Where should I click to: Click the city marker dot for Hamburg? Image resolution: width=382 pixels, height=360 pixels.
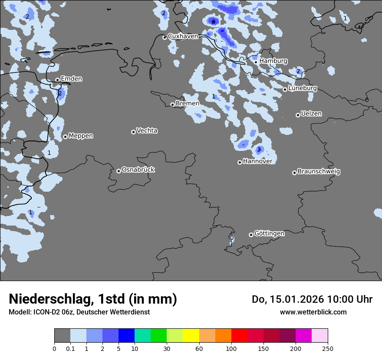click(x=256, y=62)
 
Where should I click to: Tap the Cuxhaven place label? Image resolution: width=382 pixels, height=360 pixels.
click(x=183, y=36)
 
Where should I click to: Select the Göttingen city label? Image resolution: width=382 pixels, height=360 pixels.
click(x=269, y=233)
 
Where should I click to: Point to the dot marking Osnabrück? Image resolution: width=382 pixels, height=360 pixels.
click(x=119, y=171)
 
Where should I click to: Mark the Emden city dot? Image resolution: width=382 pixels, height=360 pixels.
click(x=57, y=80)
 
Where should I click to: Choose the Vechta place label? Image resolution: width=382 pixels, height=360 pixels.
click(x=147, y=131)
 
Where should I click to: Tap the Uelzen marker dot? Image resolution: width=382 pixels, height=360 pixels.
click(x=298, y=115)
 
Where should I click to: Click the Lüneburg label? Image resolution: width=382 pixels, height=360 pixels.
click(x=302, y=88)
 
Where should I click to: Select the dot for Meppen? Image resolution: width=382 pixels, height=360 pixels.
click(x=65, y=137)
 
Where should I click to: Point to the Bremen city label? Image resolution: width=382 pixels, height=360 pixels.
click(x=188, y=104)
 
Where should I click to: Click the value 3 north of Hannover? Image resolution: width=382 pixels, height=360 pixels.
click(x=259, y=150)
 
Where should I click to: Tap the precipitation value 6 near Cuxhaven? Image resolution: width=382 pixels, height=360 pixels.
click(x=213, y=21)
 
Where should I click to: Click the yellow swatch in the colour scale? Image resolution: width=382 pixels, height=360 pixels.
click(x=191, y=336)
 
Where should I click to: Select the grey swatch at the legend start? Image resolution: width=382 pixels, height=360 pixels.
click(x=62, y=336)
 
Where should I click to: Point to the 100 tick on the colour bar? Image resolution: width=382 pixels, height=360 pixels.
click(x=231, y=348)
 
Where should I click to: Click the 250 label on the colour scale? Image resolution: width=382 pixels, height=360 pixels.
click(x=328, y=348)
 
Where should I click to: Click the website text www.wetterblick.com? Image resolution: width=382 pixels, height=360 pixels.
click(x=313, y=312)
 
